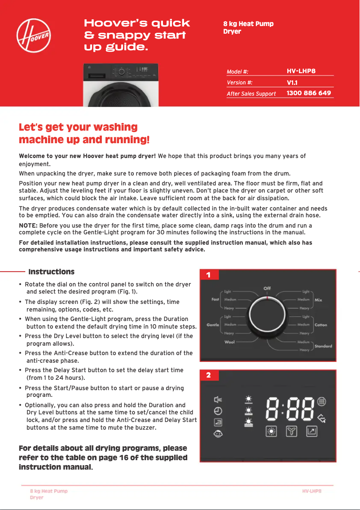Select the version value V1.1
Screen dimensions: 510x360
(292, 83)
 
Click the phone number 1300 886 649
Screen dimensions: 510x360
(309, 93)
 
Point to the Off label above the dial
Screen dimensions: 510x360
(267, 288)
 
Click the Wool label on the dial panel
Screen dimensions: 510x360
(229, 342)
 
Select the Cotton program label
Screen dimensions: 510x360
(321, 325)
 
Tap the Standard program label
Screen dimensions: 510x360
(323, 346)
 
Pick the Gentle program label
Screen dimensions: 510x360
(213, 325)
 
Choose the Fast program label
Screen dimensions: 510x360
(215, 299)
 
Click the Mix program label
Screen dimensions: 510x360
(318, 299)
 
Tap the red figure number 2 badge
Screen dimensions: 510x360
(208, 375)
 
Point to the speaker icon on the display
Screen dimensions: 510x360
(218, 400)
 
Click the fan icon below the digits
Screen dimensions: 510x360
(292, 432)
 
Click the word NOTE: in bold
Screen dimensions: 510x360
(28, 225)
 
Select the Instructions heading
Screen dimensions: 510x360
(51, 272)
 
